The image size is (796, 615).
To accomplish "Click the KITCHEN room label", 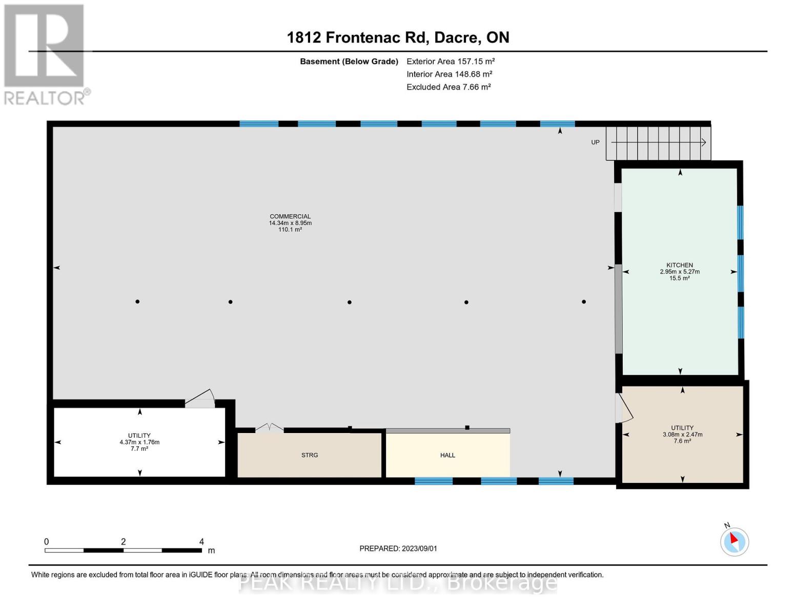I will click(680, 265).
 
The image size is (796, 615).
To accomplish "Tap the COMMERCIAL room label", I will click(290, 216).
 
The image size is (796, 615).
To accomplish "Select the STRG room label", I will click(310, 455).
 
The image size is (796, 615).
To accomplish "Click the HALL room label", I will click(447, 455).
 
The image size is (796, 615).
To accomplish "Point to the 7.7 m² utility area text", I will click(139, 449).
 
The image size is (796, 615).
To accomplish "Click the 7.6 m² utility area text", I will click(682, 441).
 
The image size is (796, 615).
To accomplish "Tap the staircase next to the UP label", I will click(658, 143).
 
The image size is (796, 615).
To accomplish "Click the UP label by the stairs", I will click(595, 142).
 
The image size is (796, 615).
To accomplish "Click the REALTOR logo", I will click(45, 54).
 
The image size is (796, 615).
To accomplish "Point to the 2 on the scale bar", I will click(123, 542).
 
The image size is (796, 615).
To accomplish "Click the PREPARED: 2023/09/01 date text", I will click(398, 548).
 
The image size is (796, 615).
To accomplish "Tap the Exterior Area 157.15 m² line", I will click(451, 61).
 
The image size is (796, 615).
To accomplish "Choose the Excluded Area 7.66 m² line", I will click(448, 87).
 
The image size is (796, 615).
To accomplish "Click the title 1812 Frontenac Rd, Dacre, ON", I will click(398, 37).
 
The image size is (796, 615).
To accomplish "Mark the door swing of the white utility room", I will click(200, 399).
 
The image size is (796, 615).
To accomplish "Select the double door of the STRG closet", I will click(269, 427).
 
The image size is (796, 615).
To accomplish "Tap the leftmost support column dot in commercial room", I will click(137, 301).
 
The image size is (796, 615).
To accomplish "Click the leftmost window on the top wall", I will click(259, 124).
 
